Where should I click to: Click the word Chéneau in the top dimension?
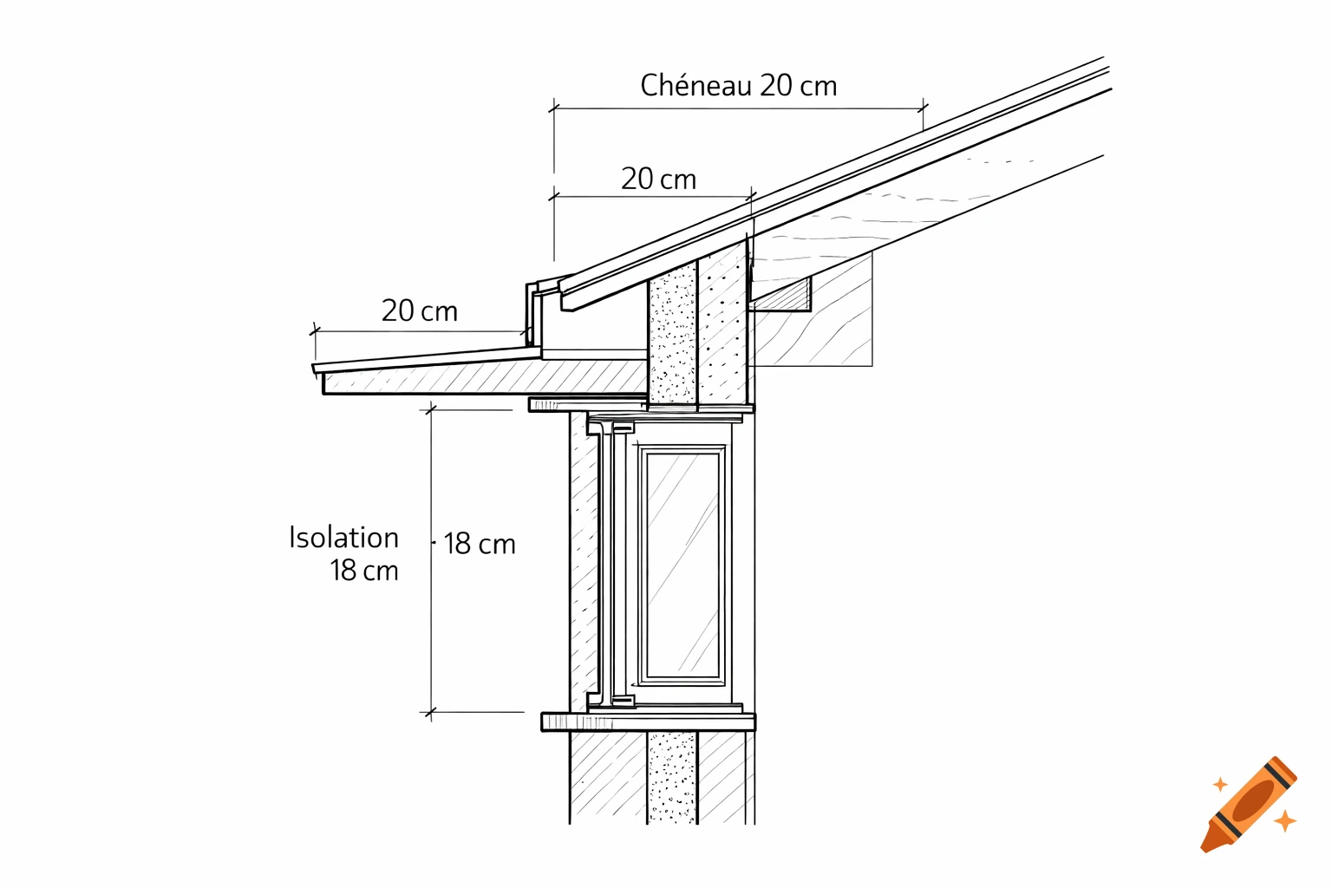click(696, 86)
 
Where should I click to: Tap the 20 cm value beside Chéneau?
click(799, 86)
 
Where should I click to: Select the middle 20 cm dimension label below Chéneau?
click(658, 180)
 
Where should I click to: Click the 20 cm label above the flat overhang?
click(419, 311)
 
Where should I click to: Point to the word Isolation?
click(343, 538)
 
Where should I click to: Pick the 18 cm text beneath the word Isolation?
click(363, 571)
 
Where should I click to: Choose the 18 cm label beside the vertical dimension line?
click(480, 545)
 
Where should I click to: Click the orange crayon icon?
click(1249, 804)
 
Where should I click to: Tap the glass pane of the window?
click(683, 564)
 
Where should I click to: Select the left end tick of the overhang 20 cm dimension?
click(316, 331)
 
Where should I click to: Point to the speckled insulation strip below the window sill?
click(671, 776)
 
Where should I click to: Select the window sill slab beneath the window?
click(648, 721)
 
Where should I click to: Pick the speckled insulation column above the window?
click(673, 334)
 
